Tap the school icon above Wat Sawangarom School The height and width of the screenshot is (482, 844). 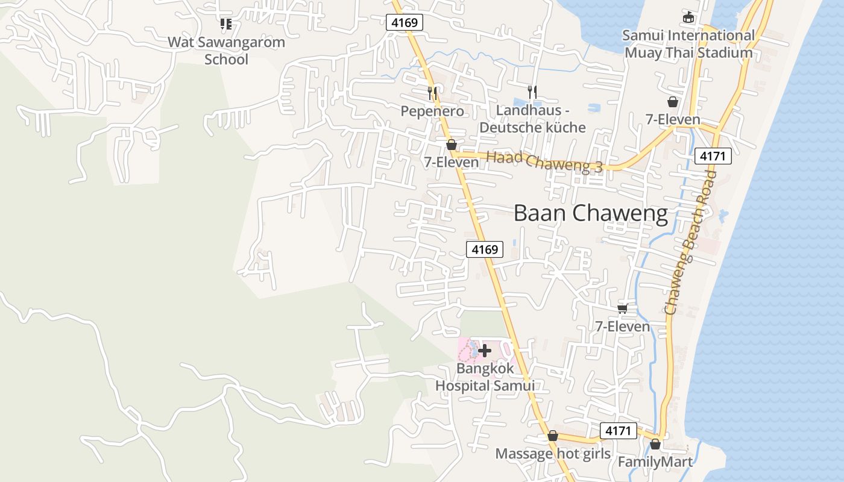click(x=226, y=24)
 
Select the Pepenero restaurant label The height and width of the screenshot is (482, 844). click(x=433, y=111)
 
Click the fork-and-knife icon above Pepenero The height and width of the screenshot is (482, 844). click(x=432, y=93)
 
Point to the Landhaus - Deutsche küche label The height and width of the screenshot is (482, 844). click(x=532, y=119)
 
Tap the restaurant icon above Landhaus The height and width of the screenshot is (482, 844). click(x=532, y=92)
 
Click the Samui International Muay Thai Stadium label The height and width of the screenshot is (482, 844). click(x=688, y=44)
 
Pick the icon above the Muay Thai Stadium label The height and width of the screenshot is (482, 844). click(x=688, y=17)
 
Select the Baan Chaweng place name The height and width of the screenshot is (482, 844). click(x=591, y=213)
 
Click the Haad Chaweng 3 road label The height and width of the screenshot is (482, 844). click(x=544, y=161)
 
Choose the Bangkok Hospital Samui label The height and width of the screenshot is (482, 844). click(x=485, y=377)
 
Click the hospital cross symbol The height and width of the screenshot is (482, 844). click(x=484, y=351)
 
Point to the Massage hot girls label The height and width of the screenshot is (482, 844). click(x=553, y=454)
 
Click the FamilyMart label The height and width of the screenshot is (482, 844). click(x=655, y=462)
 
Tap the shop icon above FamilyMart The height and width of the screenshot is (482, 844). click(x=655, y=445)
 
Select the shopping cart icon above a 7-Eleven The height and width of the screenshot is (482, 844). click(x=623, y=308)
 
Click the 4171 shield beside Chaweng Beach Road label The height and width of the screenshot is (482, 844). click(x=713, y=156)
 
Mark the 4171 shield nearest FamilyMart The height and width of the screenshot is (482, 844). click(x=619, y=431)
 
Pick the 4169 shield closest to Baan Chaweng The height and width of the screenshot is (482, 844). click(x=485, y=249)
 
